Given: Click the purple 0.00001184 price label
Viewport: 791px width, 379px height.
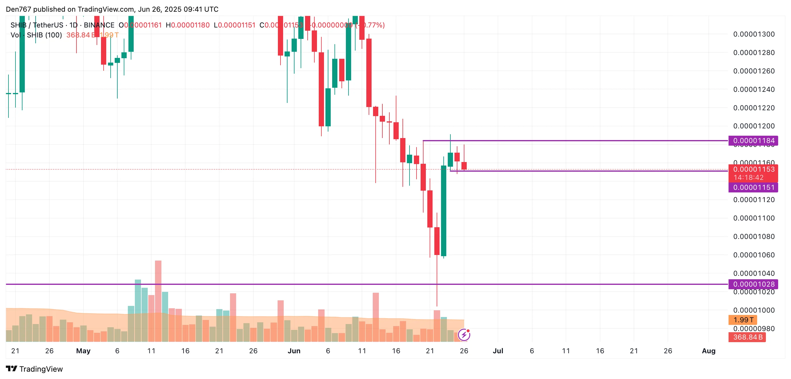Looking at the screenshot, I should click(753, 141).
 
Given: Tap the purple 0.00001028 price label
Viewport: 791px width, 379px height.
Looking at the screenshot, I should click(753, 284).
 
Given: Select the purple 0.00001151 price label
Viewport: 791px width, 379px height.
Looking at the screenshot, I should click(753, 187).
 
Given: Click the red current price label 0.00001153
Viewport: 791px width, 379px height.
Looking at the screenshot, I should click(753, 170).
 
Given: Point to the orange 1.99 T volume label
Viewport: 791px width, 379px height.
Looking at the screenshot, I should click(743, 320).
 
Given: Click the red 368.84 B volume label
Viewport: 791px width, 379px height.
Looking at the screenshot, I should click(747, 337).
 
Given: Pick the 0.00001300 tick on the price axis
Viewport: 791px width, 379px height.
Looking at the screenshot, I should click(754, 34).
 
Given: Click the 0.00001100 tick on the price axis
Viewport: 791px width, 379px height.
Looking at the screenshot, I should click(754, 218).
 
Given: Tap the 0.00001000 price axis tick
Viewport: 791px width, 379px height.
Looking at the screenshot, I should click(754, 310).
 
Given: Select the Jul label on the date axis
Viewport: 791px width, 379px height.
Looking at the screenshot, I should click(498, 351).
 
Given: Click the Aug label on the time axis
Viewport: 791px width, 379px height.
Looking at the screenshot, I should click(708, 351).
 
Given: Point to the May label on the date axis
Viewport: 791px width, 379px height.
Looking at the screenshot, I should click(83, 351).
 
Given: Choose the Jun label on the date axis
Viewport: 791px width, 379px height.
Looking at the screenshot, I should click(294, 351).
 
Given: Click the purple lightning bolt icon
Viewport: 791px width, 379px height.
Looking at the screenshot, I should click(464, 335).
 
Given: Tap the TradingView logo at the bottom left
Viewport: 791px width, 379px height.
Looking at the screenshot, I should click(34, 369).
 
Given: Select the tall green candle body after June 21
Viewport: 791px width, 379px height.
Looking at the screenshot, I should click(443, 211).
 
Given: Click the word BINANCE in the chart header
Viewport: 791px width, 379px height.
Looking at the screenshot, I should click(99, 25).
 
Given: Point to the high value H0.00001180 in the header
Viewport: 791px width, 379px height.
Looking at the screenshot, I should click(188, 25).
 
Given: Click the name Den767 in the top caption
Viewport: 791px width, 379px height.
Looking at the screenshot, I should click(18, 9).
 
